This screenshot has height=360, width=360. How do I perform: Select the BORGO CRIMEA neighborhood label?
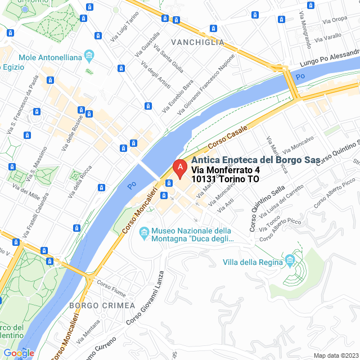pos(102,305)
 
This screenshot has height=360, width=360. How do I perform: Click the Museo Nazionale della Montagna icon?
pos(144,232)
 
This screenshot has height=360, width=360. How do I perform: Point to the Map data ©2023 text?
pos(335,355)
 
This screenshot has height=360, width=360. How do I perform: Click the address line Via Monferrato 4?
pos(226,170)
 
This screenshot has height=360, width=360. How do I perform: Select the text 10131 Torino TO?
pos(225,179)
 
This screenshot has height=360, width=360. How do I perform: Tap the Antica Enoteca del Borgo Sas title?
pos(255,160)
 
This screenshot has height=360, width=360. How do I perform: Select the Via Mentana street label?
pos(87,329)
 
